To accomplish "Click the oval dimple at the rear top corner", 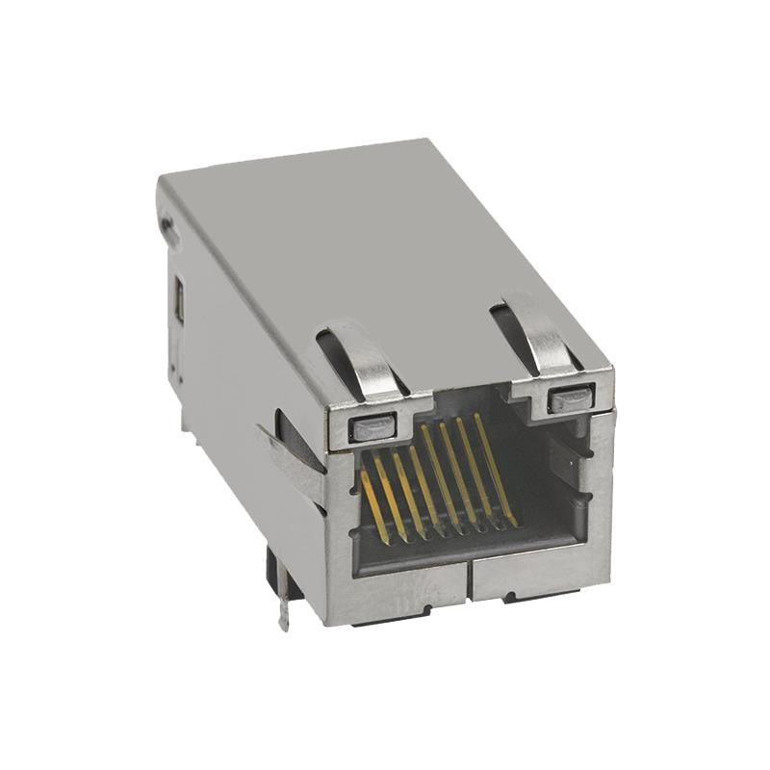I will click(x=168, y=228).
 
